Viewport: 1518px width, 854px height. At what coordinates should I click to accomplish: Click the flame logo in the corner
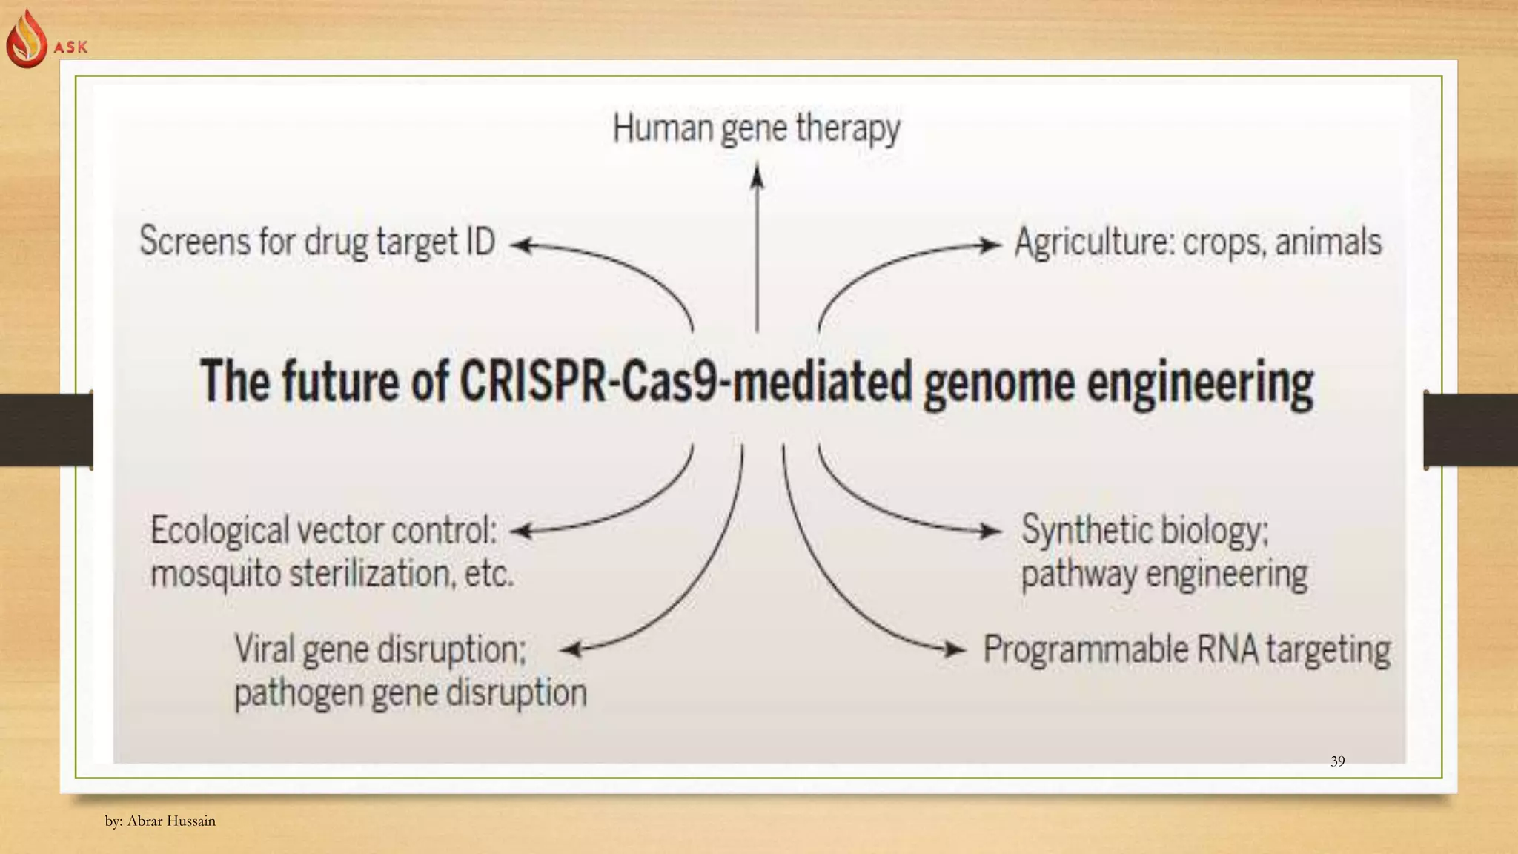27,39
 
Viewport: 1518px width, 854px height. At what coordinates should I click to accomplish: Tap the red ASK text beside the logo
71,47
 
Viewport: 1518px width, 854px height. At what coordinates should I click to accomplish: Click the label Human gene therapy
756,129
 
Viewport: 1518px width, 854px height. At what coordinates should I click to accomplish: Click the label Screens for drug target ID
317,242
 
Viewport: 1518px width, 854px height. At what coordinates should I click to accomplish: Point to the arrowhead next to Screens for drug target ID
521,245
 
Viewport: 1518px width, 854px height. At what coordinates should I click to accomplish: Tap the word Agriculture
1093,242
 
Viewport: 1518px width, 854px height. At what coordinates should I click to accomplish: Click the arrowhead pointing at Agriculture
990,245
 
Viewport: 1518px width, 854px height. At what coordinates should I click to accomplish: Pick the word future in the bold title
340,382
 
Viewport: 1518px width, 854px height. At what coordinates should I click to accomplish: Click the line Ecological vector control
324,531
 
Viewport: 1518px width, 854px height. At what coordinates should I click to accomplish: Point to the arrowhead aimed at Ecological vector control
522,531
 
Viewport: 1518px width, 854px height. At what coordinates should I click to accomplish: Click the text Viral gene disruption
380,650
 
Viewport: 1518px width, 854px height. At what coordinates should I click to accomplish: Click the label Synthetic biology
1144,531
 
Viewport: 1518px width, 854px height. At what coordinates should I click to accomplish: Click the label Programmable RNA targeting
1186,650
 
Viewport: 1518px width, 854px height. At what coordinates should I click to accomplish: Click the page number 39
1337,761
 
